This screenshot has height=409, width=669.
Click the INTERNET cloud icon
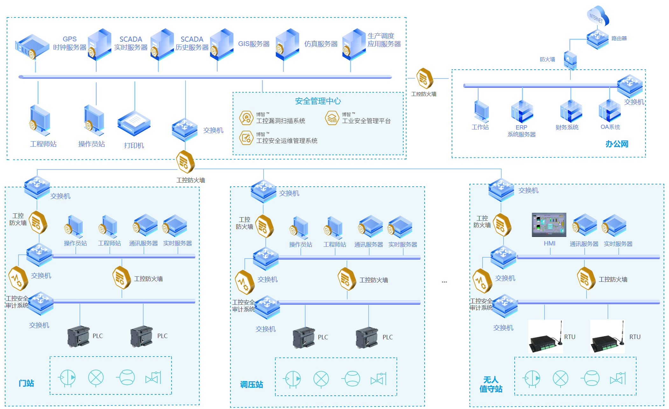(597, 16)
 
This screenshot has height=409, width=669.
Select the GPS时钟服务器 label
(69, 43)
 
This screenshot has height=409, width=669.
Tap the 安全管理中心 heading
(318, 101)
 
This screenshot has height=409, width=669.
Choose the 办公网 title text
(616, 144)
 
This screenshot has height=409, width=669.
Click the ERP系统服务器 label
(521, 131)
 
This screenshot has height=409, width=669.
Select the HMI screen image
(549, 225)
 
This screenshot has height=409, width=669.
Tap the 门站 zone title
(26, 383)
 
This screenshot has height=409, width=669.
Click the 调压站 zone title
(251, 385)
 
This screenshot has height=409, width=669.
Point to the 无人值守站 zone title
(491, 384)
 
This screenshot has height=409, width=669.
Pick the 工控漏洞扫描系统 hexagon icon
(246, 118)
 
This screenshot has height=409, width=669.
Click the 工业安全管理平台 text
(366, 121)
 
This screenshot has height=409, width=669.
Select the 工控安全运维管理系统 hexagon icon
(246, 138)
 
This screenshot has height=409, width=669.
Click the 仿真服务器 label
(320, 44)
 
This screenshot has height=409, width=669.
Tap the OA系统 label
(610, 127)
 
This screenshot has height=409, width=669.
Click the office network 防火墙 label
(547, 59)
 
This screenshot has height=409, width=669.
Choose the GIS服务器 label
(254, 44)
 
